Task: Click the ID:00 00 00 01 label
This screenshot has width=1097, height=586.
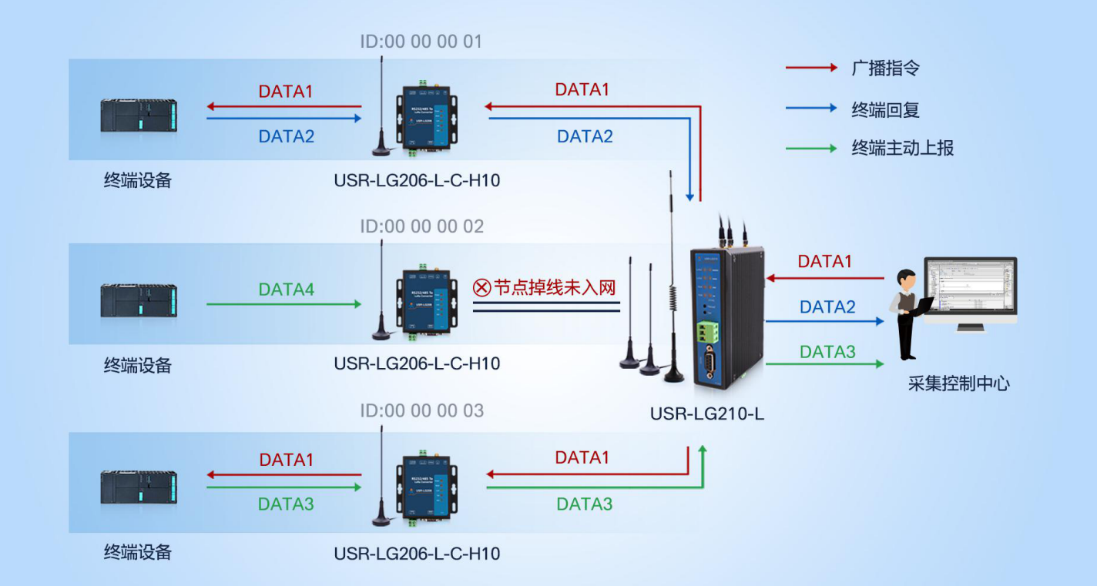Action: [421, 41]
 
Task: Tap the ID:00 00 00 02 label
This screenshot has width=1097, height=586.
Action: [421, 226]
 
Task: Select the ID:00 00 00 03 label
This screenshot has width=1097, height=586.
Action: [421, 410]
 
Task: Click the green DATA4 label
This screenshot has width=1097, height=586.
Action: [287, 290]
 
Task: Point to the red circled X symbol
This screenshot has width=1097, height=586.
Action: [481, 288]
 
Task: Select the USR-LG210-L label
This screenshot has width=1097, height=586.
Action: [706, 414]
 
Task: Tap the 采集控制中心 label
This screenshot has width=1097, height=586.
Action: [958, 383]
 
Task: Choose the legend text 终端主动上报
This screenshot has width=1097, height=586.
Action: [902, 148]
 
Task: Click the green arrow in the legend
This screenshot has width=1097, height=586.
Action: [810, 148]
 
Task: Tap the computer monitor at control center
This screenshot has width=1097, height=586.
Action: [971, 291]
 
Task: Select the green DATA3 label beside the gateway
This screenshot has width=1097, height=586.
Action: [827, 352]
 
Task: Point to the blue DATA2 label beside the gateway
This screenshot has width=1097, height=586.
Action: [827, 307]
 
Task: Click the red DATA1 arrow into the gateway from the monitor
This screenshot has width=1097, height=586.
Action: [824, 278]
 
